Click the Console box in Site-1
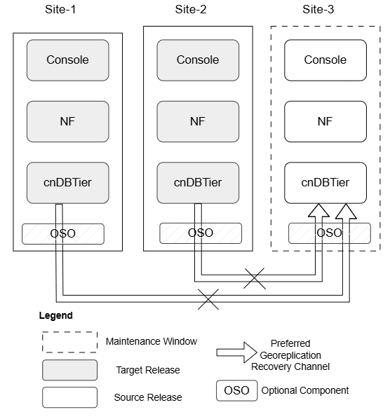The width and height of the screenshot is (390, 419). [x=68, y=60]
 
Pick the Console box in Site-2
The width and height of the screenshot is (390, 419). [x=198, y=60]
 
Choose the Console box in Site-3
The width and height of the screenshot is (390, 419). [x=325, y=60]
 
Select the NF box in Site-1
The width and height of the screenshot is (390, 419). [x=68, y=121]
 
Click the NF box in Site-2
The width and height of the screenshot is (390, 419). [x=198, y=121]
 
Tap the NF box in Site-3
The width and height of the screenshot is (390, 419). [x=325, y=121]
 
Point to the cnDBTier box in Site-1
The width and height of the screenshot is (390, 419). [x=68, y=182]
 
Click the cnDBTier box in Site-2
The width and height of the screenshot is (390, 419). [x=198, y=182]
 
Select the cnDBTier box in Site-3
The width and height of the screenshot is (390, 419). [x=325, y=182]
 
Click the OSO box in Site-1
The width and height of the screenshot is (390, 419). [x=63, y=233]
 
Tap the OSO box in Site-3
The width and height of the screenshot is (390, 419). [x=330, y=233]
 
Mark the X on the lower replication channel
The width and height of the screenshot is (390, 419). [x=208, y=299]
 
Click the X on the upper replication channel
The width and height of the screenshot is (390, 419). [x=255, y=278]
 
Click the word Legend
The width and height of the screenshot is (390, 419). [x=55, y=316]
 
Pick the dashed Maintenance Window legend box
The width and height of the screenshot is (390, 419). [x=69, y=342]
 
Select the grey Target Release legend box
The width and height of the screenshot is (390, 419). [x=69, y=370]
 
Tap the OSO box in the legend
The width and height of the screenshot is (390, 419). [x=236, y=390]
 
